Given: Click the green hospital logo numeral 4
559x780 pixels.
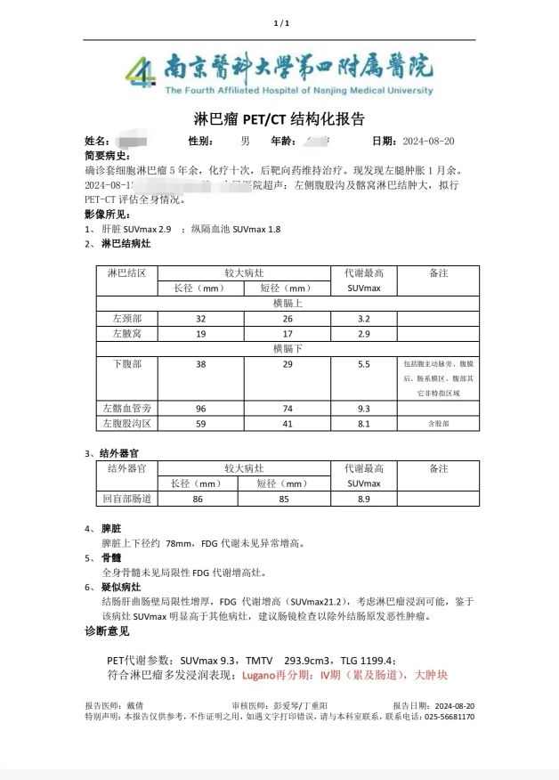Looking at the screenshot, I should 140,70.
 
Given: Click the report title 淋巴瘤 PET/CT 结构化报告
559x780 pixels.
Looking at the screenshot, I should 279,119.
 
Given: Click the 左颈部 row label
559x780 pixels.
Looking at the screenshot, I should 126,318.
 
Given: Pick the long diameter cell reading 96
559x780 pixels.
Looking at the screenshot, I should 200,408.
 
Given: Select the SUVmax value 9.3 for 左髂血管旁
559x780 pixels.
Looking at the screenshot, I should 363,408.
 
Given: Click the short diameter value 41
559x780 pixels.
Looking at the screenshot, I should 288,423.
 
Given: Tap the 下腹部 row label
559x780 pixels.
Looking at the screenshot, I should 126,364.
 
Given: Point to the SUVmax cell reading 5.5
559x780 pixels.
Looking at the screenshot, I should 363,364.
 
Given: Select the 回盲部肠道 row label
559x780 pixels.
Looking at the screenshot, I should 128,500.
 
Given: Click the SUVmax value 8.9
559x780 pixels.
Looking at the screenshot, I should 363,500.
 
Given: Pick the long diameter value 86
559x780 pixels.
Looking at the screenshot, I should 198,500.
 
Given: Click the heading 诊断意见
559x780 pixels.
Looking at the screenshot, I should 107,631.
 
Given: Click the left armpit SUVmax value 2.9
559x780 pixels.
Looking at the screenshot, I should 363,333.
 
